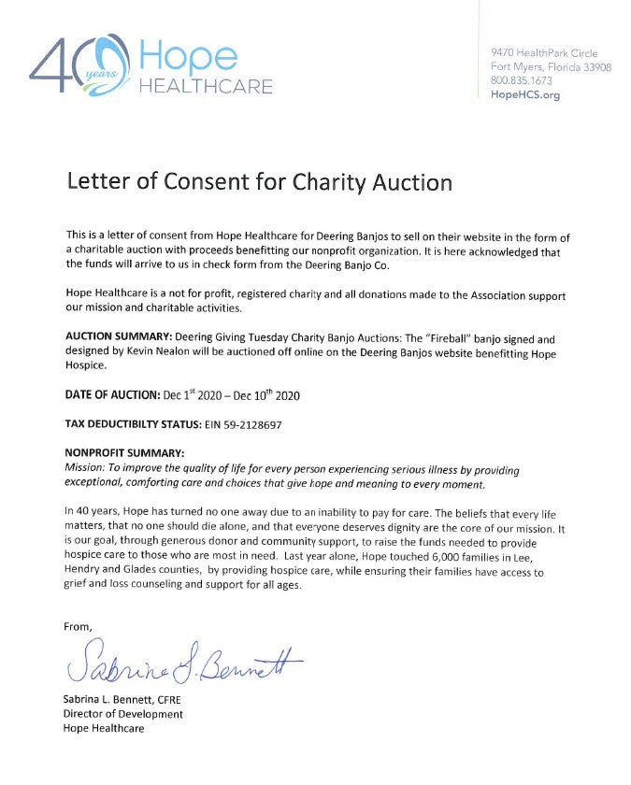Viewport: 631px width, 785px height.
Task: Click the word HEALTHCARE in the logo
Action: tap(206, 87)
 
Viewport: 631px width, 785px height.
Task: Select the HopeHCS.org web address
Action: tap(525, 95)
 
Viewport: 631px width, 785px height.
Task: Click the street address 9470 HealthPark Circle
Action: tap(545, 52)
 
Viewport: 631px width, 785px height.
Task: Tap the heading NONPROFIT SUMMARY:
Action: tap(119, 453)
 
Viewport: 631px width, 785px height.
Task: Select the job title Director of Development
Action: tap(123, 714)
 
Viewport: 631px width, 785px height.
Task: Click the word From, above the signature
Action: tap(79, 626)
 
